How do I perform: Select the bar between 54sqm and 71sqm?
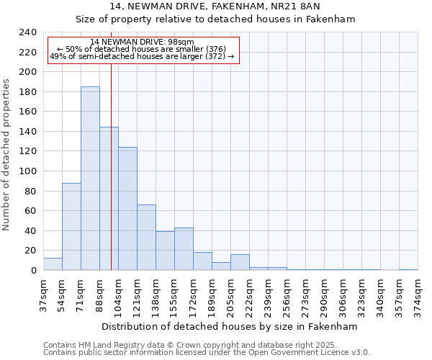[71, 227]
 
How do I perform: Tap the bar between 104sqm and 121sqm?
[127, 209]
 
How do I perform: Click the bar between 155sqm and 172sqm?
[184, 249]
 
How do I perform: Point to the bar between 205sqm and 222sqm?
[240, 262]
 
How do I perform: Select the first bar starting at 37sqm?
[53, 264]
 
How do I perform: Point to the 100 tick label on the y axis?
[27, 171]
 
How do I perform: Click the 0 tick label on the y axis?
[33, 271]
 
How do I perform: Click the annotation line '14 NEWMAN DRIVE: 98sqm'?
[143, 42]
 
